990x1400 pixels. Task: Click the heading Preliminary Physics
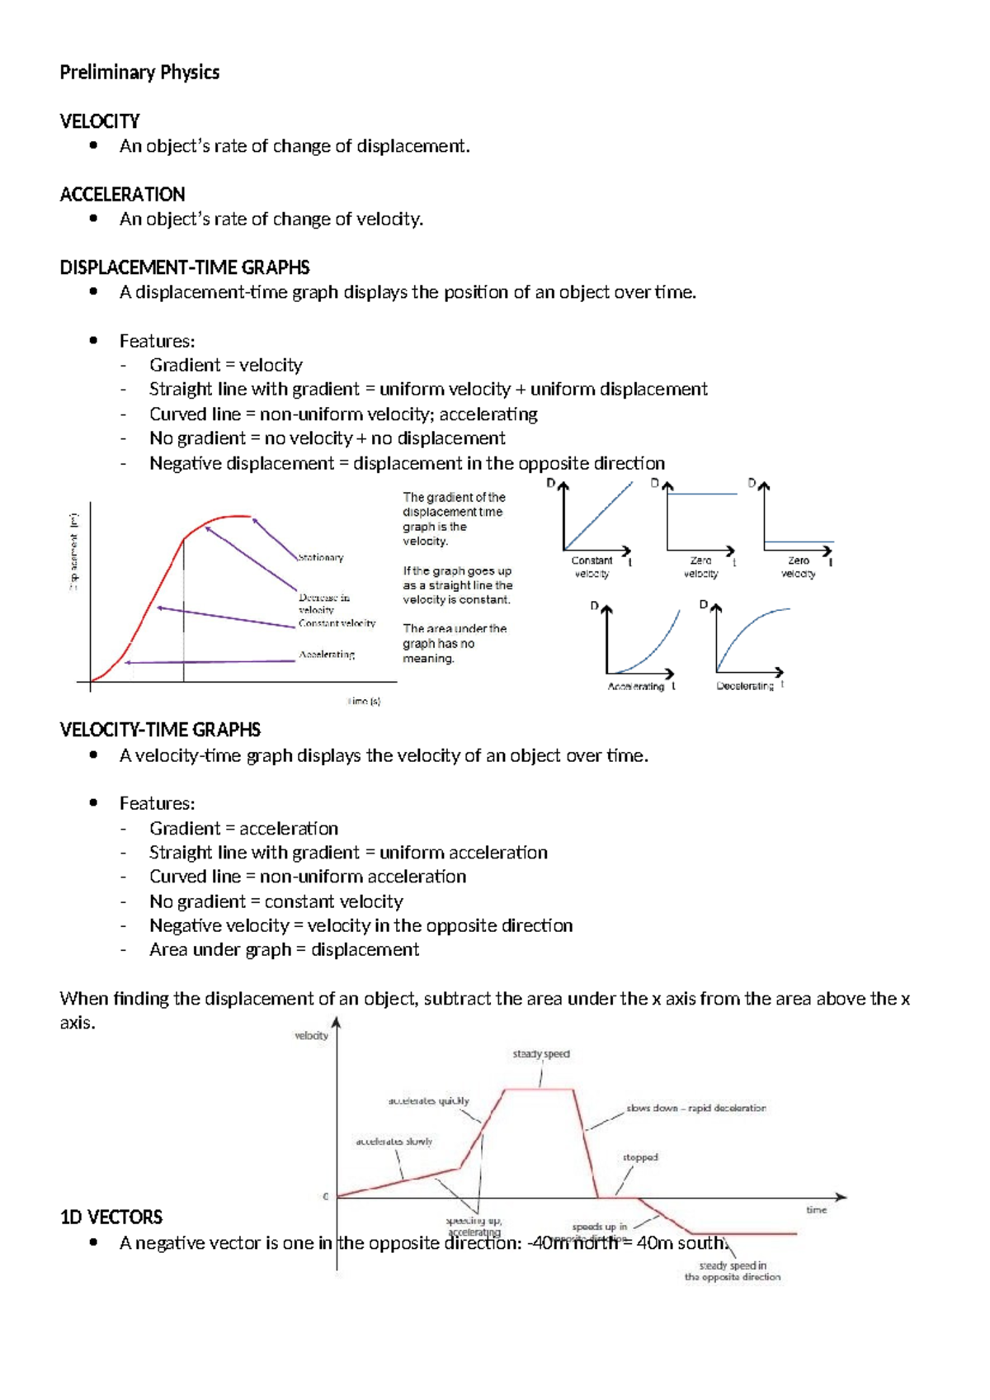[x=139, y=73]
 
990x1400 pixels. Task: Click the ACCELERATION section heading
[x=122, y=194]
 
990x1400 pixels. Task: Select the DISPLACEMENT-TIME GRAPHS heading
[x=185, y=267]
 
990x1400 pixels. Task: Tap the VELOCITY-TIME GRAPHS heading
[x=160, y=730]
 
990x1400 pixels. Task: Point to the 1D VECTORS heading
[x=111, y=1217]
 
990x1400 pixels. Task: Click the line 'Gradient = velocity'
[x=225, y=365]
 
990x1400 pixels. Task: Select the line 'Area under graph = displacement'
[x=284, y=949]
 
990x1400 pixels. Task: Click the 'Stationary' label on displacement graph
[x=321, y=558]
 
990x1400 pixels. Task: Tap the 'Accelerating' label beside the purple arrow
[x=327, y=655]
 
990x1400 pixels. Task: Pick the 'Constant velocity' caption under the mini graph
[x=592, y=566]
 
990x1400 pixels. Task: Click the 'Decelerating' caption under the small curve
[x=745, y=686]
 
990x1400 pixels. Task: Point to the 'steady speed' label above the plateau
[x=541, y=1054]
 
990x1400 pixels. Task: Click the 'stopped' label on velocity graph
[x=640, y=1157]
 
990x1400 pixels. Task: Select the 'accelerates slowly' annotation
[x=394, y=1142]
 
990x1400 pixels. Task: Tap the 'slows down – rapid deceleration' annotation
[x=695, y=1108]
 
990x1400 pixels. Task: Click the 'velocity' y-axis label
[x=312, y=1036]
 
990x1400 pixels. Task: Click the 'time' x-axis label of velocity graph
[x=816, y=1210]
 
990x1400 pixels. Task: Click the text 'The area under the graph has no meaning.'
[x=454, y=643]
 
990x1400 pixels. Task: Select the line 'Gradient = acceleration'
[x=243, y=828]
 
